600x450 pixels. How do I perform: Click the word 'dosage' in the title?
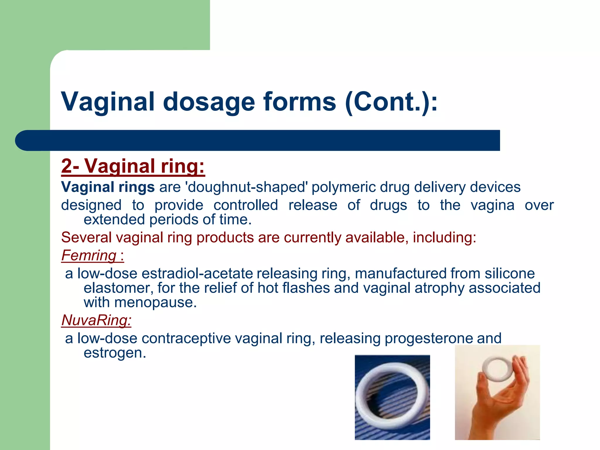[209, 102]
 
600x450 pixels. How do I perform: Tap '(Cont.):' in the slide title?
[391, 102]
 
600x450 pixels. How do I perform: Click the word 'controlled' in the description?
[246, 205]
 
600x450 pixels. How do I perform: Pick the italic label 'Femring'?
[89, 255]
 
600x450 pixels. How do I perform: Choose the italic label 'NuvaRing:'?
[96, 320]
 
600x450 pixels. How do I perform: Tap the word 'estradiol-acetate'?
[197, 274]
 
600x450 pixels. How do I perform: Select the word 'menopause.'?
[155, 302]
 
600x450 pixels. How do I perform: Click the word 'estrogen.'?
[115, 353]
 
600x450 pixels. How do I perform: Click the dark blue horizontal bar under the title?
[258, 140]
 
